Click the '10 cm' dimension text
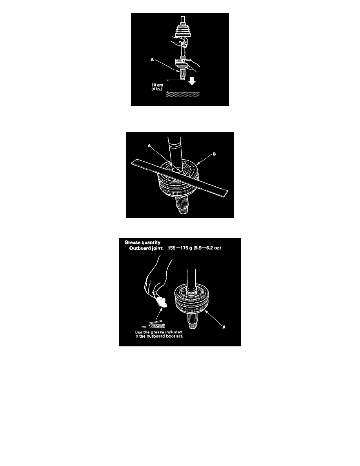pos(157,85)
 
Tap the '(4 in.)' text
pos(157,89)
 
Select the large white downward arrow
pos(192,81)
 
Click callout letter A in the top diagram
pos(153,60)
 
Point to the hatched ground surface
pos(183,95)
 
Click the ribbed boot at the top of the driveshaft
pos(184,30)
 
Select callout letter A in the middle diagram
pos(149,146)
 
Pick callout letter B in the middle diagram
pos(214,154)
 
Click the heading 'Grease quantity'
pos(142,242)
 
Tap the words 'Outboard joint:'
pos(146,248)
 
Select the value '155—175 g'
pos(180,248)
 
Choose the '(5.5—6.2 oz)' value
pos(207,248)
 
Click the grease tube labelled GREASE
pos(154,325)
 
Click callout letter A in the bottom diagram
pos(224,327)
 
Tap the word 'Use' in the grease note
pos(138,332)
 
